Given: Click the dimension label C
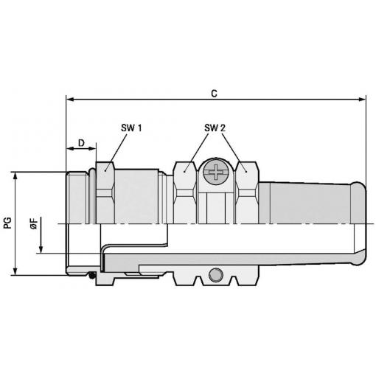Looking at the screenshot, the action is pos(214,94).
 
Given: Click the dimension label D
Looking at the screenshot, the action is pos(81,143).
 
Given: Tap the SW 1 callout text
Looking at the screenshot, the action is pos(131,128).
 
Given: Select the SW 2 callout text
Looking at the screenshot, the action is pos(215,128).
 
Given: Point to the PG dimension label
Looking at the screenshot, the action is pos(7,223).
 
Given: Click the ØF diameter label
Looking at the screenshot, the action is pos(34,223).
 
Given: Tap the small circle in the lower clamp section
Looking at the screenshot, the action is pos(216,275).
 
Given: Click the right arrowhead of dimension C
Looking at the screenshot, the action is pos(362,100).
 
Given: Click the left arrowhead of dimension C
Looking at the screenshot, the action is pos(70,100).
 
